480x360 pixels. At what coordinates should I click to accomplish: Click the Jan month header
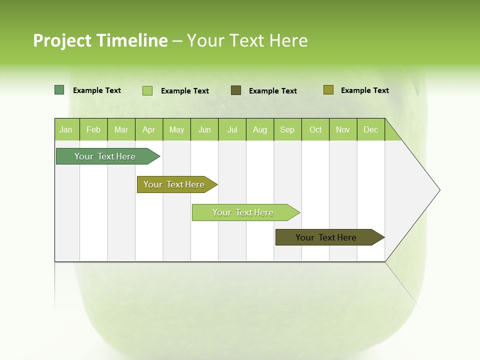(x=66, y=129)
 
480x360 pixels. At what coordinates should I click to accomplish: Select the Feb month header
(x=93, y=129)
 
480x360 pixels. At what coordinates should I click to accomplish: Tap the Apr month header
(x=148, y=129)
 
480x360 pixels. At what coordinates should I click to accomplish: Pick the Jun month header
(x=204, y=129)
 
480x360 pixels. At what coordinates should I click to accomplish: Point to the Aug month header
(x=259, y=129)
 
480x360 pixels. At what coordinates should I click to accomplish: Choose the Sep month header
(x=287, y=129)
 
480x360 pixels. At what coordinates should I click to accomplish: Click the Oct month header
(x=315, y=129)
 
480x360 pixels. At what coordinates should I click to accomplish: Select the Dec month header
(x=370, y=129)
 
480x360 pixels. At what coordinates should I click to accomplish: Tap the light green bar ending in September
(x=243, y=212)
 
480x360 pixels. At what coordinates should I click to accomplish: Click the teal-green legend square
(x=59, y=90)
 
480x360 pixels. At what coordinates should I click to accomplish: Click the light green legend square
(x=147, y=90)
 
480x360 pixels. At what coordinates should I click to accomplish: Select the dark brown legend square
(x=235, y=90)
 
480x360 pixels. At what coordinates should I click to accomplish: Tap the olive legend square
(x=328, y=90)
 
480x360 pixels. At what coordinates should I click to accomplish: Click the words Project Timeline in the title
(x=100, y=40)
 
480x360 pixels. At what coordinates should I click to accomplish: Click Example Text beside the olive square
(x=364, y=90)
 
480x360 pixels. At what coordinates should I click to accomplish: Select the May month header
(x=176, y=129)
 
